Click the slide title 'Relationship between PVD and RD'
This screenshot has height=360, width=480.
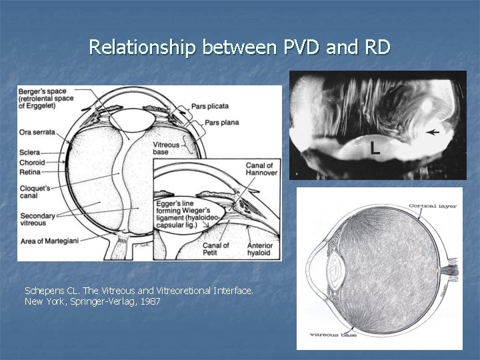click(239, 47)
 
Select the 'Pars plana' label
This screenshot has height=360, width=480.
click(222, 122)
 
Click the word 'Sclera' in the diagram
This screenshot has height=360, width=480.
click(30, 153)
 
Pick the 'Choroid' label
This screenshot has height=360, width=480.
click(32, 162)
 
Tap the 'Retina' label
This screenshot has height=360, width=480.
click(30, 171)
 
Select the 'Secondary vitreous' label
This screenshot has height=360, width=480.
click(37, 219)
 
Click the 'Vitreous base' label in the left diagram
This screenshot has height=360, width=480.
click(167, 148)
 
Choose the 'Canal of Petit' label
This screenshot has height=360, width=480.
click(216, 249)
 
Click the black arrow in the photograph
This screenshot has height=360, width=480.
click(433, 133)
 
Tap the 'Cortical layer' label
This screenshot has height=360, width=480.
click(432, 206)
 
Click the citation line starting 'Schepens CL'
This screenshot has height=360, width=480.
click(139, 291)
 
